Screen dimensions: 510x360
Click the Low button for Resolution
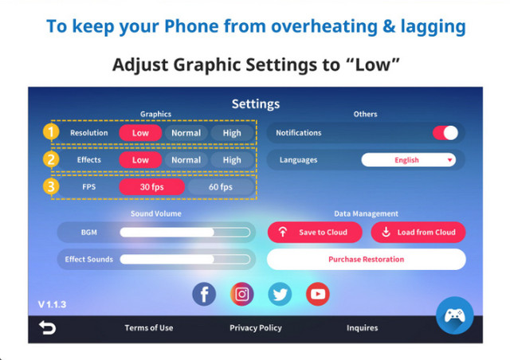pyautogui.click(x=140, y=133)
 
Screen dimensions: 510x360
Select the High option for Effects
pyautogui.click(x=232, y=159)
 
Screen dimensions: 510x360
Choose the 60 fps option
pyautogui.click(x=221, y=186)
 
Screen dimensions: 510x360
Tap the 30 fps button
pyautogui.click(x=152, y=186)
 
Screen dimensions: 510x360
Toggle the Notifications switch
pyautogui.click(x=445, y=133)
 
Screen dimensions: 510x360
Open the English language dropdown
pyautogui.click(x=409, y=159)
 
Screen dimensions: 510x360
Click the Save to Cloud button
pyautogui.click(x=315, y=233)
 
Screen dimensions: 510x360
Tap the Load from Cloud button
pyautogui.click(x=418, y=233)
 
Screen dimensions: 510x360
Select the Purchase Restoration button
pyautogui.click(x=367, y=259)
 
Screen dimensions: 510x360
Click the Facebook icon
pyautogui.click(x=204, y=294)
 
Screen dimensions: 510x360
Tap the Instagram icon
pyautogui.click(x=242, y=294)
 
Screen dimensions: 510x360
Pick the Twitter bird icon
pyautogui.click(x=280, y=294)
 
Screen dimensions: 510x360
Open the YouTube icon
pyautogui.click(x=318, y=294)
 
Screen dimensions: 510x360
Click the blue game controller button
pyautogui.click(x=455, y=315)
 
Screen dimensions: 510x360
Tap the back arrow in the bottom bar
pyautogui.click(x=48, y=327)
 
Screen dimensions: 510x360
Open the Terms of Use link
pyautogui.click(x=149, y=328)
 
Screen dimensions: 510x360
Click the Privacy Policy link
pyautogui.click(x=256, y=328)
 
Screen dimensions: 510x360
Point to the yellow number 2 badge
pyautogui.click(x=51, y=159)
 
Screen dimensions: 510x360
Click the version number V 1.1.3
pyautogui.click(x=52, y=304)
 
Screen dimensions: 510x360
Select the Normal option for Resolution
pyautogui.click(x=186, y=133)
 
